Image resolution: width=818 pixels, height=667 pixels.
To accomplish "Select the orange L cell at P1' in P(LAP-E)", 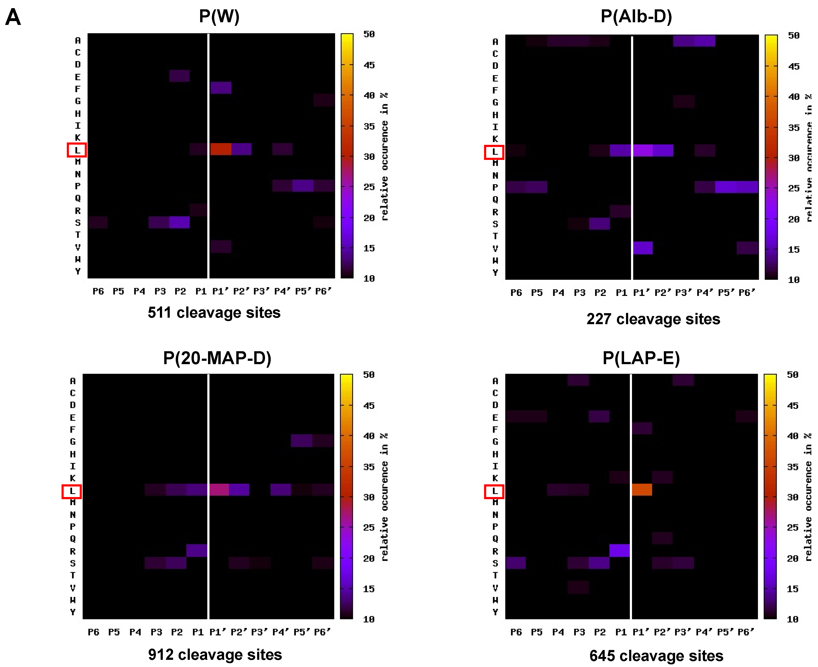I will tap(642, 490).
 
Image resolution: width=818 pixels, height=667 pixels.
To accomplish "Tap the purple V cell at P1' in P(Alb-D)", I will tap(643, 248).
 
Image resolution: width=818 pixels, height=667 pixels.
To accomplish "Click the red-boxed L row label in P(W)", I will tap(77, 150).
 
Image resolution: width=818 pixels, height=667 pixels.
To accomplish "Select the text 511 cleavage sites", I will tap(214, 312).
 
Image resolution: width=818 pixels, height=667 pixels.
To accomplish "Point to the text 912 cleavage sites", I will tap(215, 654).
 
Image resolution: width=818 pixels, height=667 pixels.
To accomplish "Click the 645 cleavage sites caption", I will tap(656, 655).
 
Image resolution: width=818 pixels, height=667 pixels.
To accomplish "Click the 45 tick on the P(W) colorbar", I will tap(369, 65).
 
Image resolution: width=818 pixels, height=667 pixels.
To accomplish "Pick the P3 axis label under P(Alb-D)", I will tap(579, 293).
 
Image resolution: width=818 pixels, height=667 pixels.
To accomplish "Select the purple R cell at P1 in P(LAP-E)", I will tap(619, 550).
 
